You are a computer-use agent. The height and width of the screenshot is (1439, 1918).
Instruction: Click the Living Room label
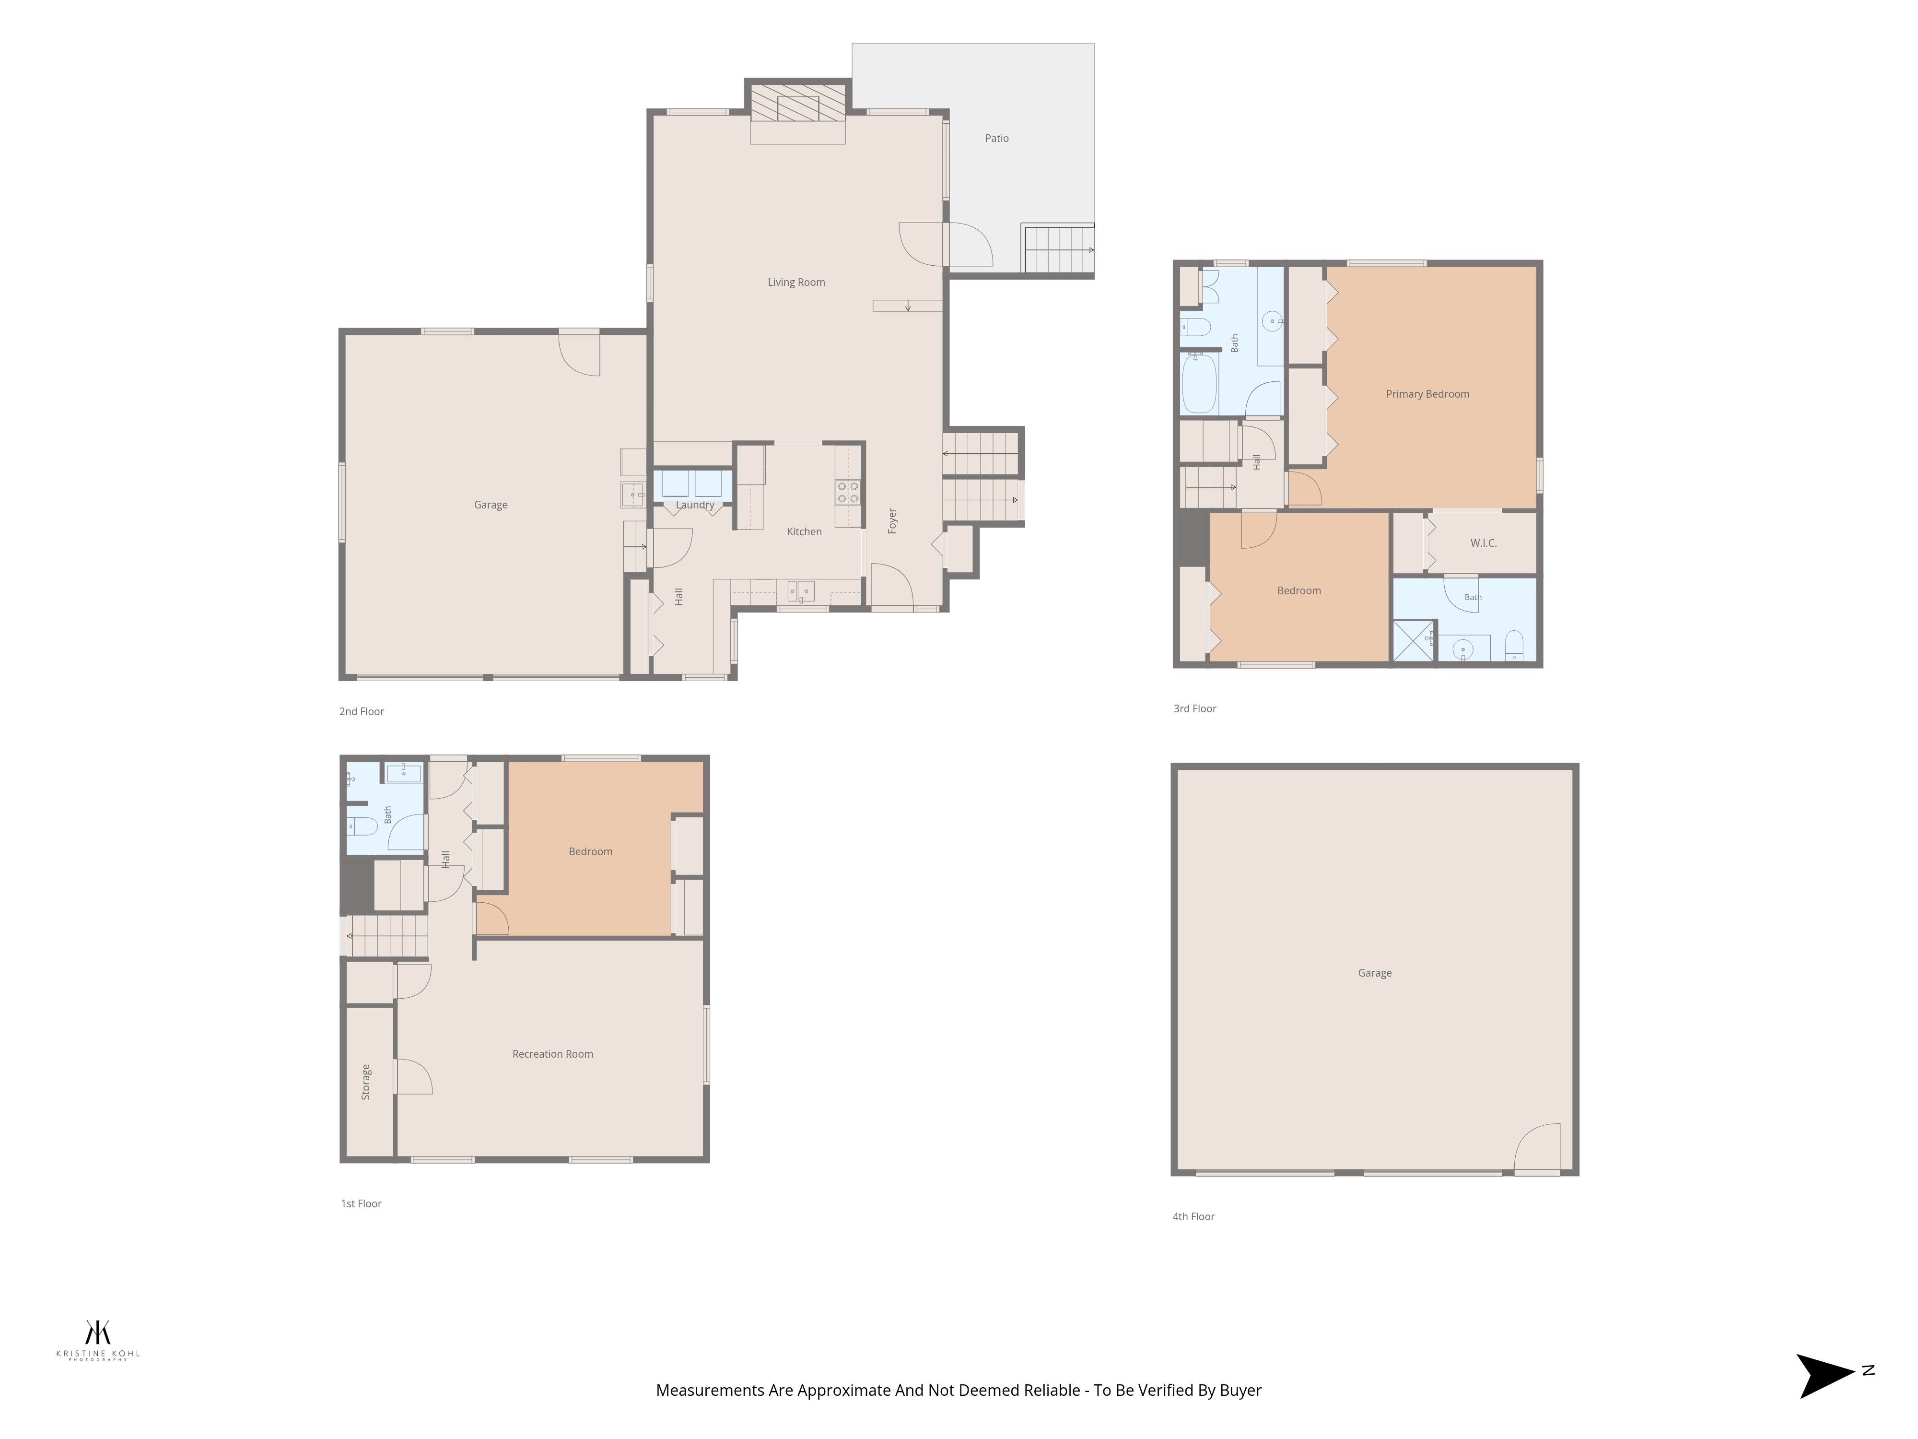(x=796, y=282)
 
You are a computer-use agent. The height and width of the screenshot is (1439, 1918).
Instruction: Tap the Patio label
(x=996, y=138)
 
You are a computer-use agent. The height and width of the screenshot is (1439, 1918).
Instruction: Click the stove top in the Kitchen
(x=848, y=493)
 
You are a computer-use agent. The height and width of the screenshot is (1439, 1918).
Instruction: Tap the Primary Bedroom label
(x=1427, y=394)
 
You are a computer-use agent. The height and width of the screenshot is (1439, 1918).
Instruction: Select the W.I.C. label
(x=1484, y=543)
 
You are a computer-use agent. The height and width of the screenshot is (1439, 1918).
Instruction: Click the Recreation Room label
(x=552, y=1054)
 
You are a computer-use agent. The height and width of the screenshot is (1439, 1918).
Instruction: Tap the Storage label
(x=366, y=1082)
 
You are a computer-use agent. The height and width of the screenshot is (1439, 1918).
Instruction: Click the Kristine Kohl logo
(x=98, y=1340)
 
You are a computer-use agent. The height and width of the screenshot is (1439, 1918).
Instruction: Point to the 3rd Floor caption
(x=1195, y=708)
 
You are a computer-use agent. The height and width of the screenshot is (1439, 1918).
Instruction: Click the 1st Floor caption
(x=361, y=1203)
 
